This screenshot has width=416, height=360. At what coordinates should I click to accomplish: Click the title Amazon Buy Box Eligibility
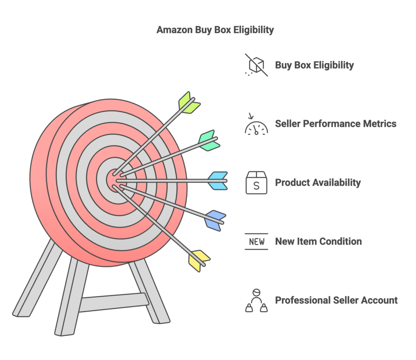pos(215,30)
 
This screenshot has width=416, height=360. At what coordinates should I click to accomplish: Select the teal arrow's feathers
pos(209,140)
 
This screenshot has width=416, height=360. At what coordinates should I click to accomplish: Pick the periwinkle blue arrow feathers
pos(215,220)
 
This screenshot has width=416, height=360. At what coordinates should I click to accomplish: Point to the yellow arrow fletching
pos(199,261)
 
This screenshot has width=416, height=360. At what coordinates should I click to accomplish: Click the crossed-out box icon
pos(256,65)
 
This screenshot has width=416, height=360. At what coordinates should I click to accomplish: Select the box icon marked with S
pos(256,183)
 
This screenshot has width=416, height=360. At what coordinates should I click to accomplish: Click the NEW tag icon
pos(256,241)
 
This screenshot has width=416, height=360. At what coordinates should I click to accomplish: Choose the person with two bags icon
pos(256,300)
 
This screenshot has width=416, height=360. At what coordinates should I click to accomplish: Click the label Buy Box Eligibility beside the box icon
pos(314,65)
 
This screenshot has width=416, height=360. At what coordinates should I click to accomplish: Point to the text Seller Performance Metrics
pos(336,124)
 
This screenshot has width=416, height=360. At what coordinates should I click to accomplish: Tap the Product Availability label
pos(318,183)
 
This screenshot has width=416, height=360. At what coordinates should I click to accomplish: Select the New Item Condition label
pos(318,241)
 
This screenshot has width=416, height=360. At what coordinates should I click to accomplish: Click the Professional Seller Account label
pos(336,300)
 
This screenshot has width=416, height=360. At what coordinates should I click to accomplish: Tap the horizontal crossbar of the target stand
pos(114,302)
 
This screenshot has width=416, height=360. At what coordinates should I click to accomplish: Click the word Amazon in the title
pos(175,30)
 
